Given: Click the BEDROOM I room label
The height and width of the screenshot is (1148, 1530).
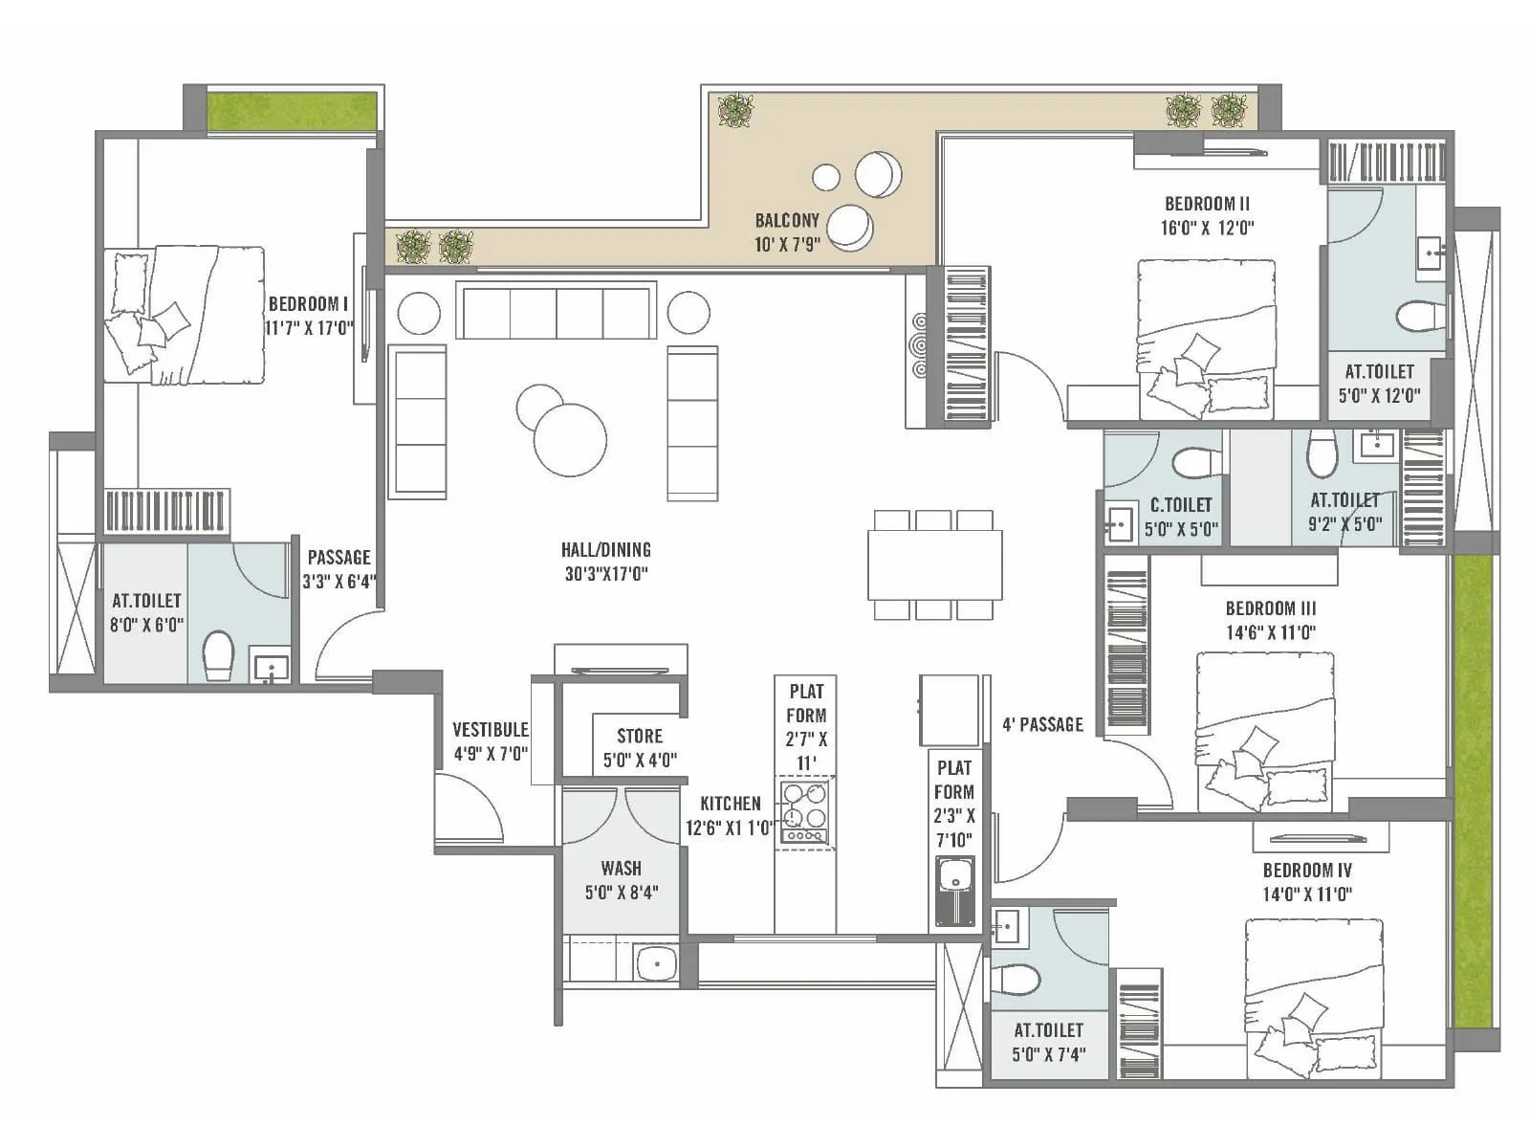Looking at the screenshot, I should click(x=308, y=304).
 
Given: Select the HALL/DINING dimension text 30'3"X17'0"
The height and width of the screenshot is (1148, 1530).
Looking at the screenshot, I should click(x=606, y=574).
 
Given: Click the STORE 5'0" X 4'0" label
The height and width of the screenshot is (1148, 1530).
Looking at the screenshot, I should click(x=640, y=748).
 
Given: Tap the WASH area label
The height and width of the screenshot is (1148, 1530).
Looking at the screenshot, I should click(x=621, y=869).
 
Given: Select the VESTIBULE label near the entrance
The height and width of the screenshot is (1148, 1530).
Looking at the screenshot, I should click(x=490, y=730).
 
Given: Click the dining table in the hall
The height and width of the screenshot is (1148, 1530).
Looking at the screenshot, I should click(x=934, y=564).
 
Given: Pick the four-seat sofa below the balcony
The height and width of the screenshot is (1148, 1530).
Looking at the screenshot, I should click(x=556, y=310).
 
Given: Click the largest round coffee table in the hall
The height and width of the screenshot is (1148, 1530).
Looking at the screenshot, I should click(x=570, y=440).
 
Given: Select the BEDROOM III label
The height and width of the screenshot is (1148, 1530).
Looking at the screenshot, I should click(x=1270, y=608).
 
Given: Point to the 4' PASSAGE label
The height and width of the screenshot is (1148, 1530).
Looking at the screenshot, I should click(x=1042, y=725).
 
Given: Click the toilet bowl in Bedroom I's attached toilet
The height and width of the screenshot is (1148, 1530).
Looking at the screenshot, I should click(x=218, y=654).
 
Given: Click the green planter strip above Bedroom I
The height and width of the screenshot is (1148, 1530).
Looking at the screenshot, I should click(x=292, y=112).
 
